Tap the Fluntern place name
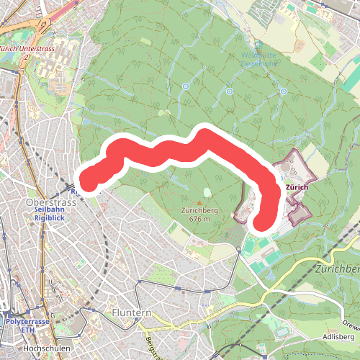point(132,313)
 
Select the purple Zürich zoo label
point(297,187)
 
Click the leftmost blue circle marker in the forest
point(185,86)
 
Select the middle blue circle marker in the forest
point(229,91)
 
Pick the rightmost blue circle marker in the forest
point(284,91)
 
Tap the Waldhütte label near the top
point(259,55)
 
